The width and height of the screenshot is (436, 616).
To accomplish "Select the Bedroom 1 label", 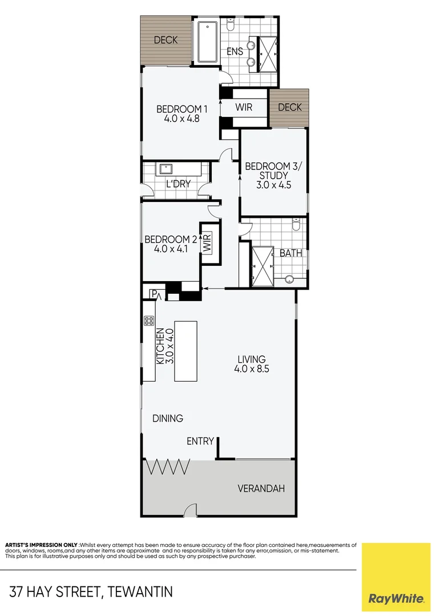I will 181,114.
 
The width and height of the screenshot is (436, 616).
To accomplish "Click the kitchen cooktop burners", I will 149,321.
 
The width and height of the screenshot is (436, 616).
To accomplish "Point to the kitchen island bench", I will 185,351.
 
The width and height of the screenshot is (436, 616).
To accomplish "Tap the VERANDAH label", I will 261,489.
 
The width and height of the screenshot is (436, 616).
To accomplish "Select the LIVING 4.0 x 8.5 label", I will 251,364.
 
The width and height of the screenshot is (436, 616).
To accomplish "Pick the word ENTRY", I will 200,441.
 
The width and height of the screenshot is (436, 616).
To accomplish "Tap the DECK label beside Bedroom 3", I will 289,107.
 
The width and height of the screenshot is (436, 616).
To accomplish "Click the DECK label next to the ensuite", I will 165,40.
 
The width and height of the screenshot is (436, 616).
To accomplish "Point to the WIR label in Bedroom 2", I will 207,242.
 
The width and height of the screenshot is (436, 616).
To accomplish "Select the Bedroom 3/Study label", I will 265,175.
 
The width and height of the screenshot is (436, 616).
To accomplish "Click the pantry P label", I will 153,294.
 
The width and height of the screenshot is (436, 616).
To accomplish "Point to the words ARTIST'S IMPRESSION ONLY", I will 41,545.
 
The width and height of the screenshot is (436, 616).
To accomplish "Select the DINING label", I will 168,418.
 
